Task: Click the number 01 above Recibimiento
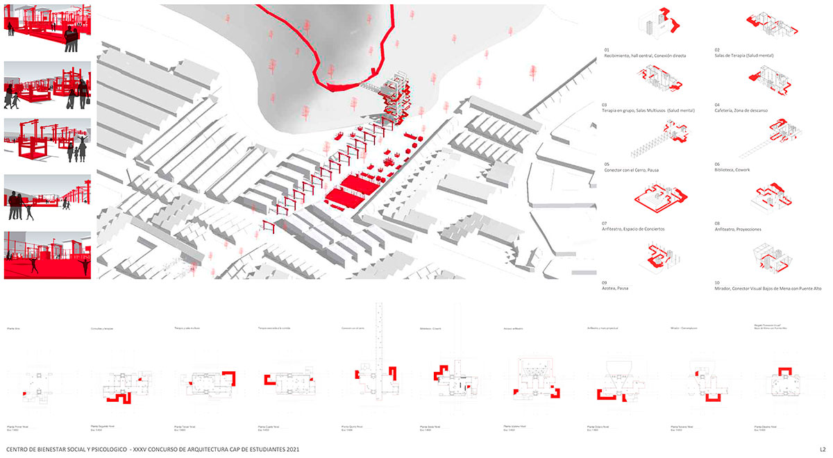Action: pyautogui.click(x=607, y=50)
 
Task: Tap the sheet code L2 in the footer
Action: pyautogui.click(x=822, y=449)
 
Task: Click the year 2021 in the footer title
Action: pyautogui.click(x=292, y=449)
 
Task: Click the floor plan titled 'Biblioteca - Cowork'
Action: pyautogui.click(x=451, y=378)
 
